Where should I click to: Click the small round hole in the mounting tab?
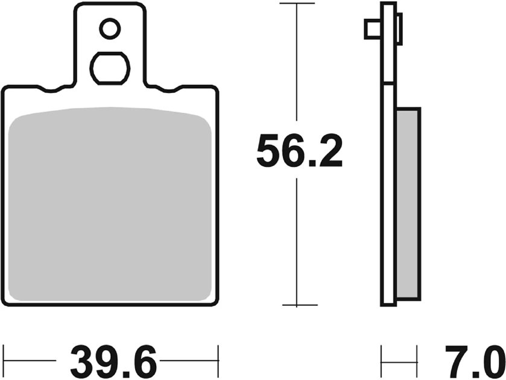coord(110,29)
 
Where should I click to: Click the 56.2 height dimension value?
coord(300,152)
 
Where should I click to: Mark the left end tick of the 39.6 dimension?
coord(4,361)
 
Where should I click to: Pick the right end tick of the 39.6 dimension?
coord(218,361)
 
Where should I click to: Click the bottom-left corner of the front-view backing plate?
coord(5,304)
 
